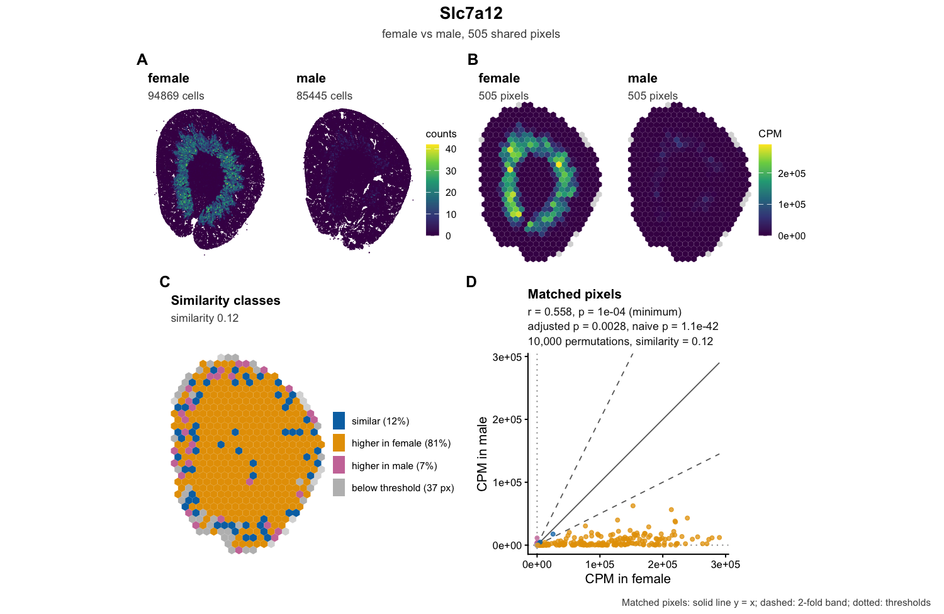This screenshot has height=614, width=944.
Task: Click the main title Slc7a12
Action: pos(471,13)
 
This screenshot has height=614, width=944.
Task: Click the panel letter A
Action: pos(142,59)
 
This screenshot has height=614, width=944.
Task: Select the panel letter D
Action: pos(471,281)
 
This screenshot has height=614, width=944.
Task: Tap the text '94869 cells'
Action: pos(176,96)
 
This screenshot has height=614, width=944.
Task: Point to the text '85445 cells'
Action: pos(324,96)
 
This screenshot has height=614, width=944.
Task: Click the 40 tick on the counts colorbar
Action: pos(451,149)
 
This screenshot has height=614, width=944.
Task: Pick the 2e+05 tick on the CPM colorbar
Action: pos(792,173)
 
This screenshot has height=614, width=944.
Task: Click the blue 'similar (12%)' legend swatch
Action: pos(339,421)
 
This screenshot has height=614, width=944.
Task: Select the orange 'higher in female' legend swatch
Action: pos(339,443)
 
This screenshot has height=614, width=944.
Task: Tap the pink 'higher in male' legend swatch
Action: pos(339,465)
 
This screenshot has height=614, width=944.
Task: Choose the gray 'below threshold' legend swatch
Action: pos(339,487)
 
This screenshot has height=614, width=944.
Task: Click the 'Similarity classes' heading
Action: pos(225,300)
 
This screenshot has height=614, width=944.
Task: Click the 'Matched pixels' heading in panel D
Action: pos(575,294)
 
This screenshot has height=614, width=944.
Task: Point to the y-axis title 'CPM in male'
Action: pos(482,454)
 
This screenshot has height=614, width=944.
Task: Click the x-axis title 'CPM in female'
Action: pos(627,579)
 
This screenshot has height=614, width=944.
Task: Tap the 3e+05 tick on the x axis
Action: pos(725,564)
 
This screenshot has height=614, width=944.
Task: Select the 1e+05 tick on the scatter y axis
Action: pos(507,482)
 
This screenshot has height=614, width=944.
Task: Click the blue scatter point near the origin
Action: pos(553,534)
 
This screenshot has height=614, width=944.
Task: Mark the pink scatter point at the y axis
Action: pos(537,538)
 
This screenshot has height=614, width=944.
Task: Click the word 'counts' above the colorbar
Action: pos(441,134)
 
